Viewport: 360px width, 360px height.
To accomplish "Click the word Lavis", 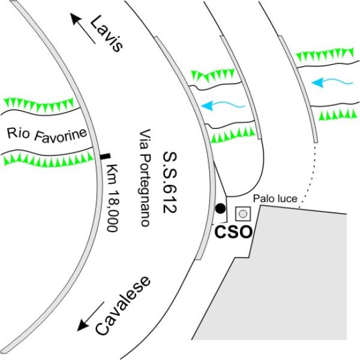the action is coord(107,34).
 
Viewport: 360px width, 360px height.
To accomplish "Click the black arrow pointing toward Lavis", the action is coord(83,28).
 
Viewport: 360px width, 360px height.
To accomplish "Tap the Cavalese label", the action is coord(123,306).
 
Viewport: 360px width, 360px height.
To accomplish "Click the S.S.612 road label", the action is coord(170,182).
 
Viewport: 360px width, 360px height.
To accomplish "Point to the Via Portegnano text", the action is coord(145,178).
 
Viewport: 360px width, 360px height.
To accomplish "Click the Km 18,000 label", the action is coord(113,197).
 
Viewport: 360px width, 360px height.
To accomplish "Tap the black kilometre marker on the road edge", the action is coord(105,157).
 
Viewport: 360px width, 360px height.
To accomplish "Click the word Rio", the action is coord(19,133).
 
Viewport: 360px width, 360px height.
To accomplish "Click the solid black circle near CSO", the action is coord(221,208).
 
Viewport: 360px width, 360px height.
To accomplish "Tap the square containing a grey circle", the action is coord(242,214).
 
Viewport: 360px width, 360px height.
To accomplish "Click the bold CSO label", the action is coord(233,232).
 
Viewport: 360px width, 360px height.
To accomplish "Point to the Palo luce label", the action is coord(275,199).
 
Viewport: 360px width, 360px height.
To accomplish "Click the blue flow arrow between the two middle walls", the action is coord(223,106).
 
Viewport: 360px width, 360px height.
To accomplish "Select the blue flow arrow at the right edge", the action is coord(332,82).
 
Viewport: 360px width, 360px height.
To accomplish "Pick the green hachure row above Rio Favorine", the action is coord(38,104).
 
